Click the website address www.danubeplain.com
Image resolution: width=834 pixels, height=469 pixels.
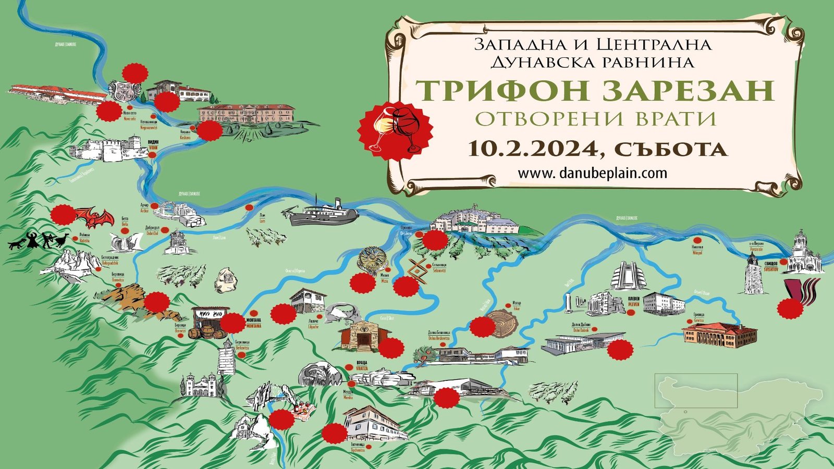592,173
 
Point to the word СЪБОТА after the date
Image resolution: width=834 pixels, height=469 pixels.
670,149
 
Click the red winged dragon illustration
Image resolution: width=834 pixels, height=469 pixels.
94,216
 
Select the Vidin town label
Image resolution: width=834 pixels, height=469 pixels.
153,144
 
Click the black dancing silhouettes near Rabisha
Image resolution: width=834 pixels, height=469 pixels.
39,241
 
